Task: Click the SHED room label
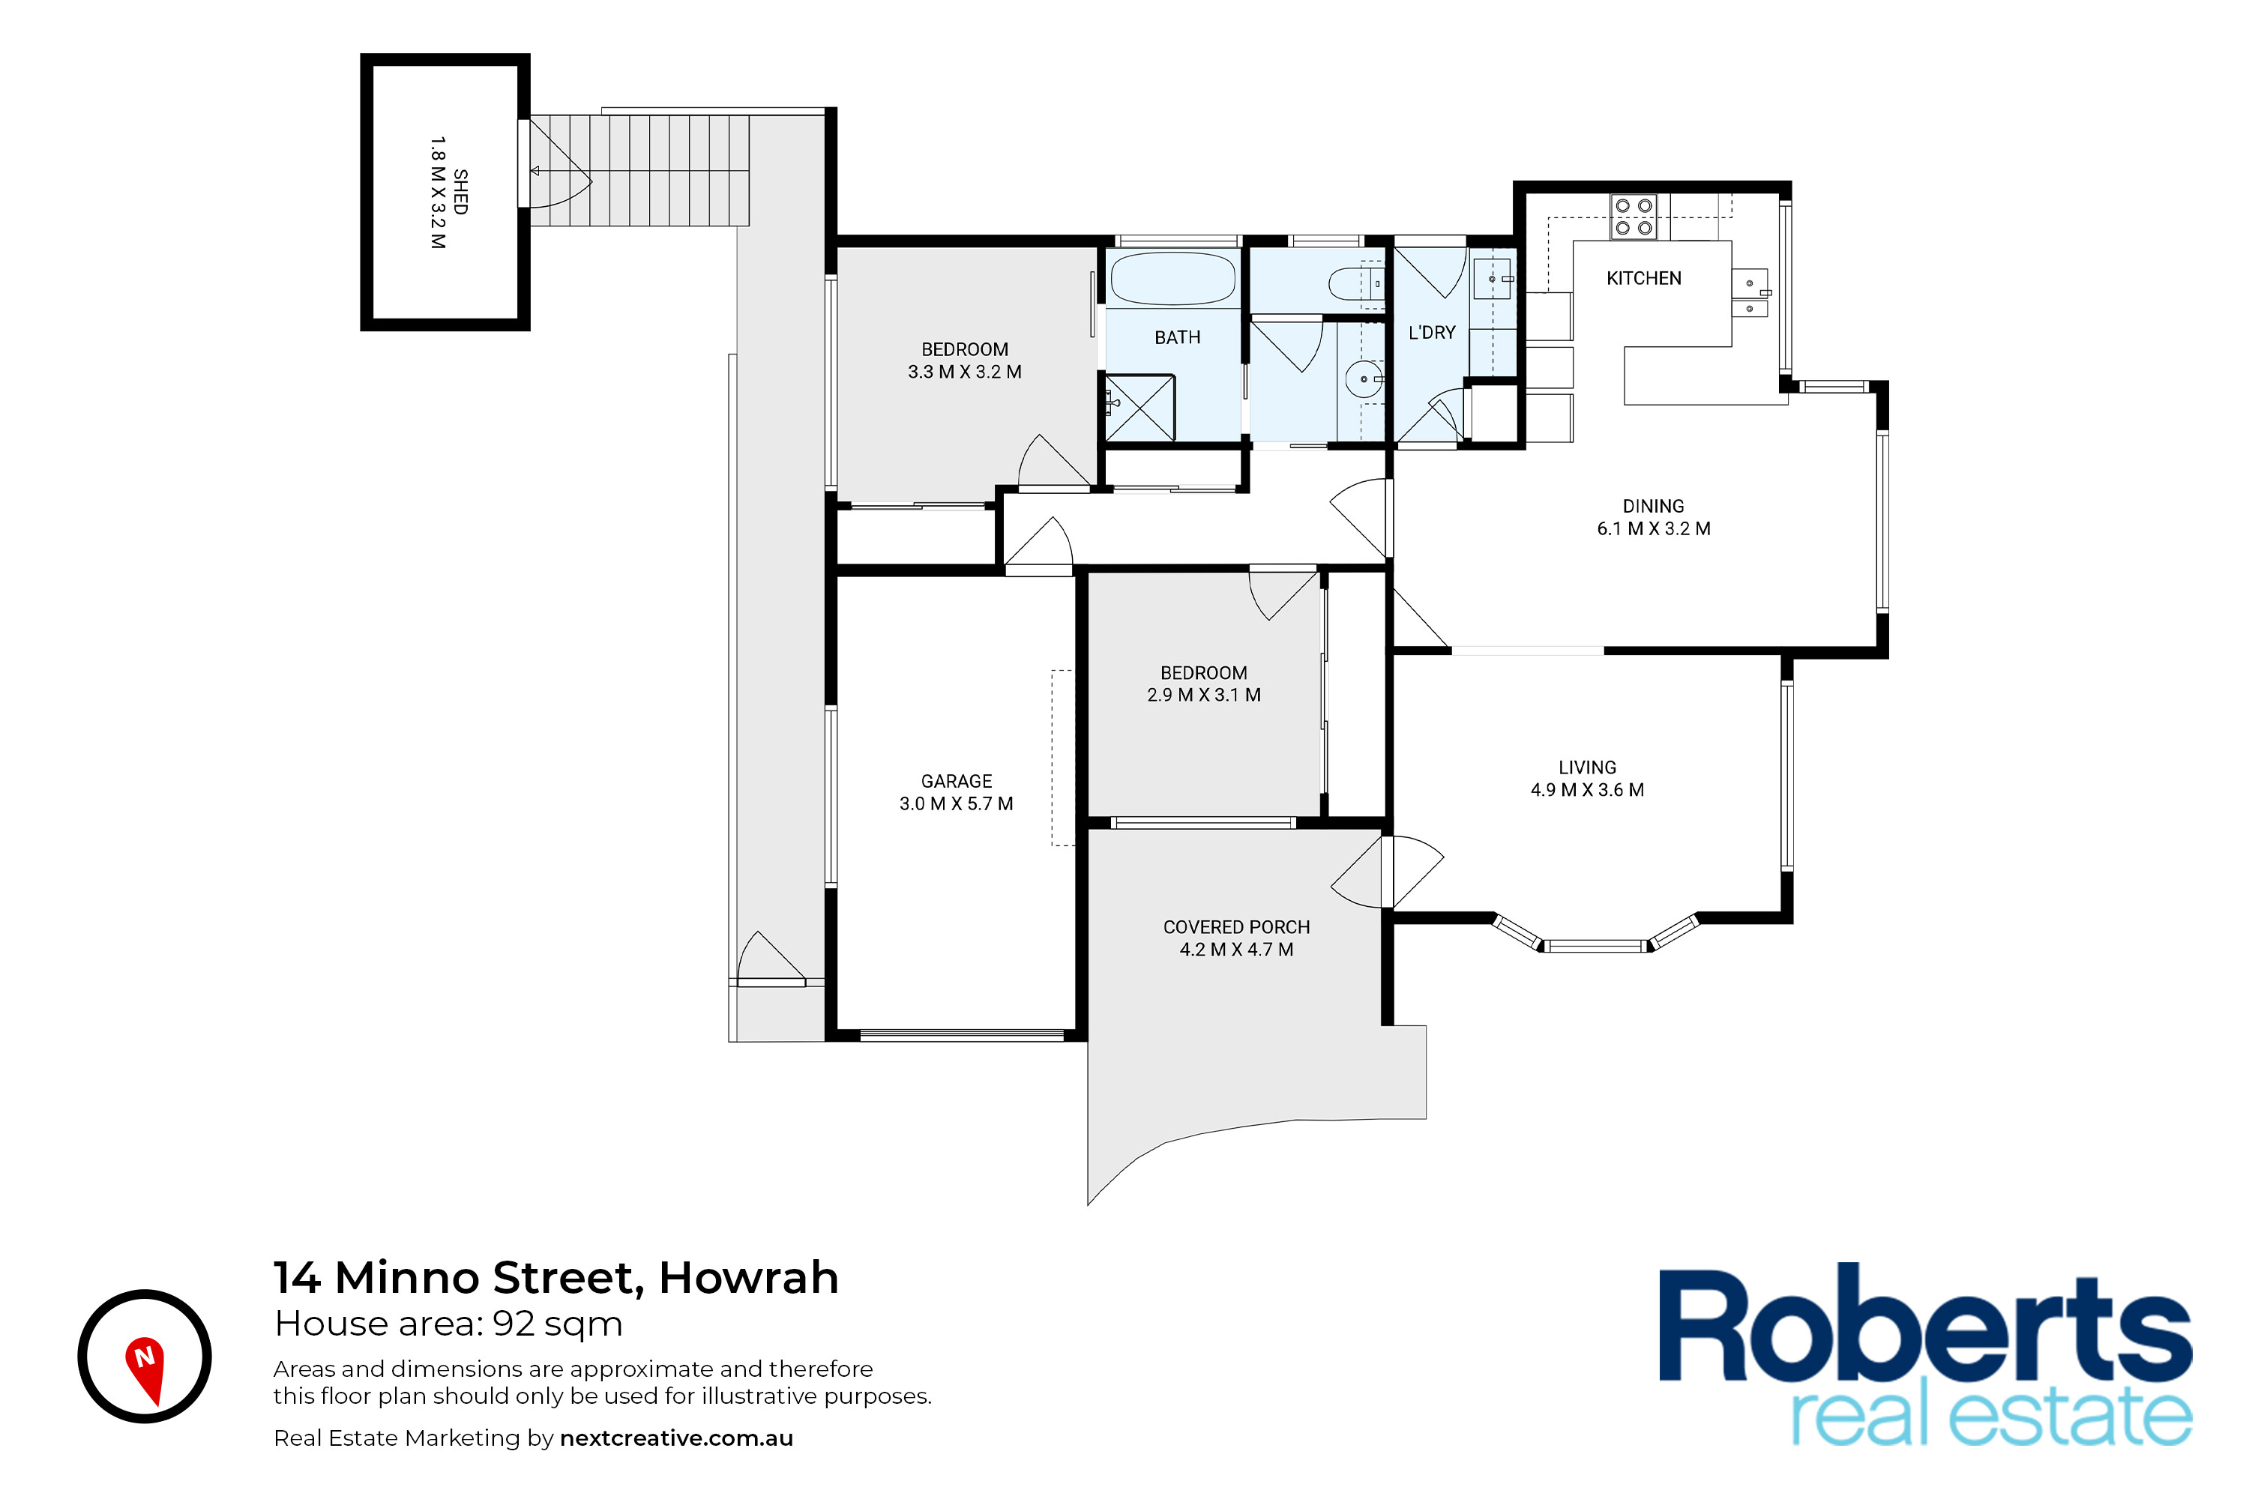coord(461,192)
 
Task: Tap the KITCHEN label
coord(1644,278)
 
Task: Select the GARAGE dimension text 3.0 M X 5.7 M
coord(957,804)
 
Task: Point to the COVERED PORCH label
coord(1236,927)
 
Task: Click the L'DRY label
coord(1431,333)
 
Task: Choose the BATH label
coord(1177,337)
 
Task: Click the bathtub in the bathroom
coord(1172,278)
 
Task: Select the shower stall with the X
coord(1139,408)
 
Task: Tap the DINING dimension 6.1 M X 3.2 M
coord(1653,528)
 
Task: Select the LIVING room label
coord(1587,767)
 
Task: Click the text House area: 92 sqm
coord(448,1324)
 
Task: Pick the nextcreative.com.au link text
coord(676,1439)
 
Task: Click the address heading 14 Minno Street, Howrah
coord(556,1278)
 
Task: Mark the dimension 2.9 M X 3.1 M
coord(1204,695)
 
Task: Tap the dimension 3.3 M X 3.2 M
coord(965,372)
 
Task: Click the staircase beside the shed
coord(639,170)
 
